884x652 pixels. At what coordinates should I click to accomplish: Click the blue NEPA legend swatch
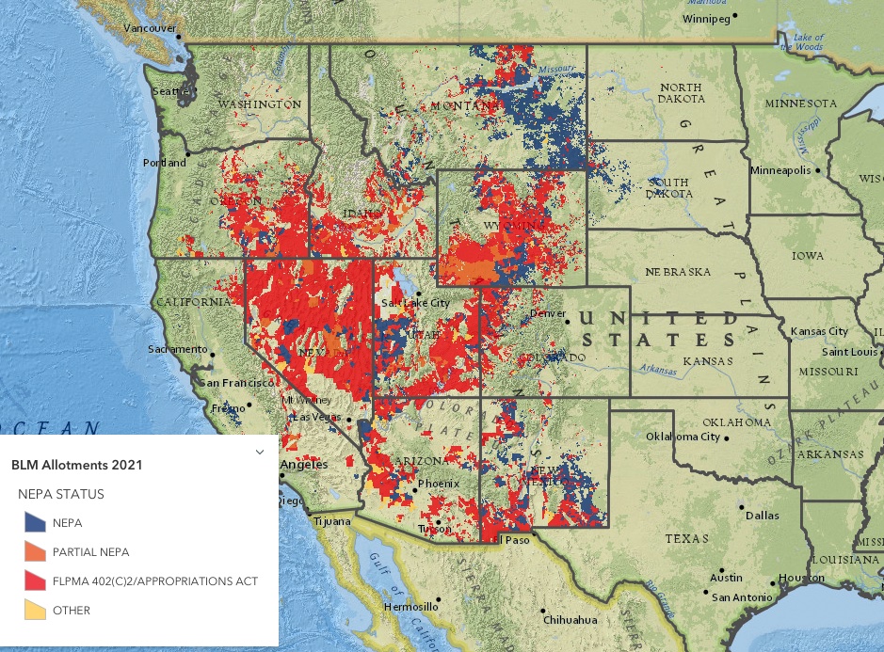tap(35, 522)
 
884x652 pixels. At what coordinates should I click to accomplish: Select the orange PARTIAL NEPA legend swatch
tap(35, 551)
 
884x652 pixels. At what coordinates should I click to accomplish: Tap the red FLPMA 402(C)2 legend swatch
tap(35, 580)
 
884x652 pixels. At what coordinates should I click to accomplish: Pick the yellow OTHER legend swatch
tap(35, 610)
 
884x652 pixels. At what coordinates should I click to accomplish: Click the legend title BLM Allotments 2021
tap(76, 465)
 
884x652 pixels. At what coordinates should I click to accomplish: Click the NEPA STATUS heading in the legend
tap(60, 494)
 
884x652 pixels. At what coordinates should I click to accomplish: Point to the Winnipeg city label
tap(706, 18)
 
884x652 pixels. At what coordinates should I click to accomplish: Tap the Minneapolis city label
tap(781, 170)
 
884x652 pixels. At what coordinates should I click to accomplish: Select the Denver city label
tap(547, 313)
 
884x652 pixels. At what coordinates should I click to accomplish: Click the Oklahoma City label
tap(683, 437)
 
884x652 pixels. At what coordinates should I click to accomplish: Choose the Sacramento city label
tap(177, 349)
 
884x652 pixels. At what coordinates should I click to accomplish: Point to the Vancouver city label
tap(150, 28)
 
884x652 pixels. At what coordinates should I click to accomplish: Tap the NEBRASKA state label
tap(678, 272)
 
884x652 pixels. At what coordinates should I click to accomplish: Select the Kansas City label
tap(819, 331)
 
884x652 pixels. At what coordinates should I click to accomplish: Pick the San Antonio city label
tap(742, 597)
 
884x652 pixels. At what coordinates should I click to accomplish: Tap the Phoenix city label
tap(439, 484)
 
